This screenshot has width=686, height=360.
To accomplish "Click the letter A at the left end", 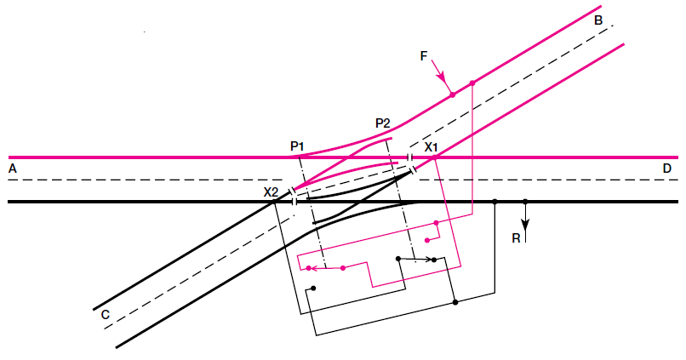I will click(x=12, y=169).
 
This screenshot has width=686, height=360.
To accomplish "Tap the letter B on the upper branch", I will click(x=598, y=20).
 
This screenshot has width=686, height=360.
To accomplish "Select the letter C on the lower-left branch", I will click(x=105, y=314).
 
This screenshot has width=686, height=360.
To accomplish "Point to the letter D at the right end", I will click(x=667, y=169).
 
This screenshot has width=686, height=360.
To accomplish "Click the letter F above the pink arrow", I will click(x=424, y=55).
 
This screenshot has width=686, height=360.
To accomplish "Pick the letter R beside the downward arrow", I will click(x=515, y=238).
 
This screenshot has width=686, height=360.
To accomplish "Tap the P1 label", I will click(x=297, y=146).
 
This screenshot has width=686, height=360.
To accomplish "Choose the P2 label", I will click(x=382, y=123).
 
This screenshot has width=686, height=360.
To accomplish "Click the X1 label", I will click(x=431, y=147).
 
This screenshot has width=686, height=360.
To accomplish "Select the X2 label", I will click(x=271, y=192).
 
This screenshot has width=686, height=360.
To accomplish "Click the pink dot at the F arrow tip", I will click(x=453, y=94).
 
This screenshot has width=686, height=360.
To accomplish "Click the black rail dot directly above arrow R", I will click(x=525, y=202).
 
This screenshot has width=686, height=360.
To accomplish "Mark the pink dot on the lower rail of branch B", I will click(x=472, y=83).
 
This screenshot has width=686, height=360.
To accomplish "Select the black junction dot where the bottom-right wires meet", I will click(x=455, y=302).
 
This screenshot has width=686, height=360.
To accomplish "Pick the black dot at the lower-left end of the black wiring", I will click(x=314, y=289).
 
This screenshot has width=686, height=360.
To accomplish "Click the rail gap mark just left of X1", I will click(x=410, y=158).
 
